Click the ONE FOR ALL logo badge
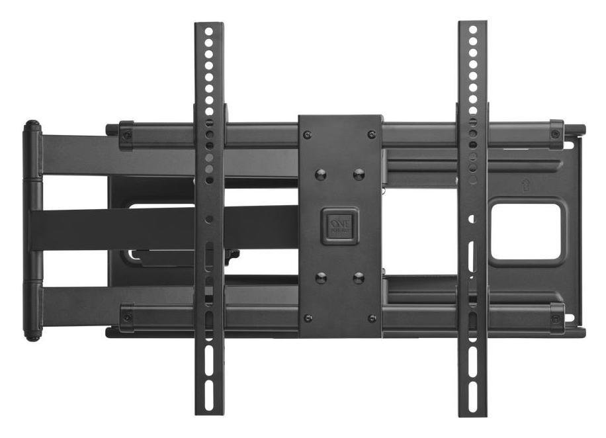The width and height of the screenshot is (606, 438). [341, 226]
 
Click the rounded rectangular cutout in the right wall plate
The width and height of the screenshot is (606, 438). [527, 230]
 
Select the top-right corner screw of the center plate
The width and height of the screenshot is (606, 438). [371, 134]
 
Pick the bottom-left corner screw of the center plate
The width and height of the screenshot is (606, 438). [307, 318]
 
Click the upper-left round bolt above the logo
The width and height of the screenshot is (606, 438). [321, 175]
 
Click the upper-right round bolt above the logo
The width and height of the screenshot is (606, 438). [359, 175]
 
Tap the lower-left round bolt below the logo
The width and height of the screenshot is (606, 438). [321, 278]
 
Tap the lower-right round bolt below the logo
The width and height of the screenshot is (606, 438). [359, 278]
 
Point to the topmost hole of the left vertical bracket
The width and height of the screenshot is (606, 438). [208, 30]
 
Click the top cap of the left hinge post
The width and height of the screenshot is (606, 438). [32, 125]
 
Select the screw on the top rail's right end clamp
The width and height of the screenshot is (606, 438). [555, 134]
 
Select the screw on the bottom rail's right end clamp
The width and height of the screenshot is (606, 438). [555, 318]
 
